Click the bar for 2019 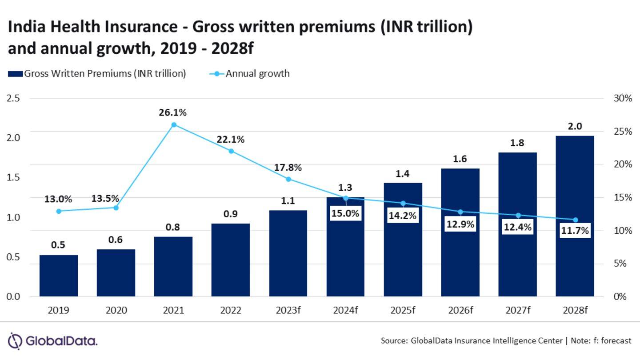click(x=58, y=276)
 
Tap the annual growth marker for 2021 click(x=174, y=125)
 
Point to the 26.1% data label click(x=173, y=113)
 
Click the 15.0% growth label click(x=345, y=213)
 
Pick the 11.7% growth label click(x=575, y=231)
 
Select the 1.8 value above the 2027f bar click(x=517, y=143)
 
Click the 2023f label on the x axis click(x=288, y=310)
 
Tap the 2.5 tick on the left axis click(x=14, y=98)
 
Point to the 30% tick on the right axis click(x=622, y=98)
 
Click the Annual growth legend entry click(x=251, y=73)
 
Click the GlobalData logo click(x=53, y=341)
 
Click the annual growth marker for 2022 click(x=231, y=151)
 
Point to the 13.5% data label click(x=105, y=199)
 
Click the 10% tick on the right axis click(x=622, y=231)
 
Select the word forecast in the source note click(x=616, y=341)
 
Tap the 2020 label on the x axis click(x=116, y=310)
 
